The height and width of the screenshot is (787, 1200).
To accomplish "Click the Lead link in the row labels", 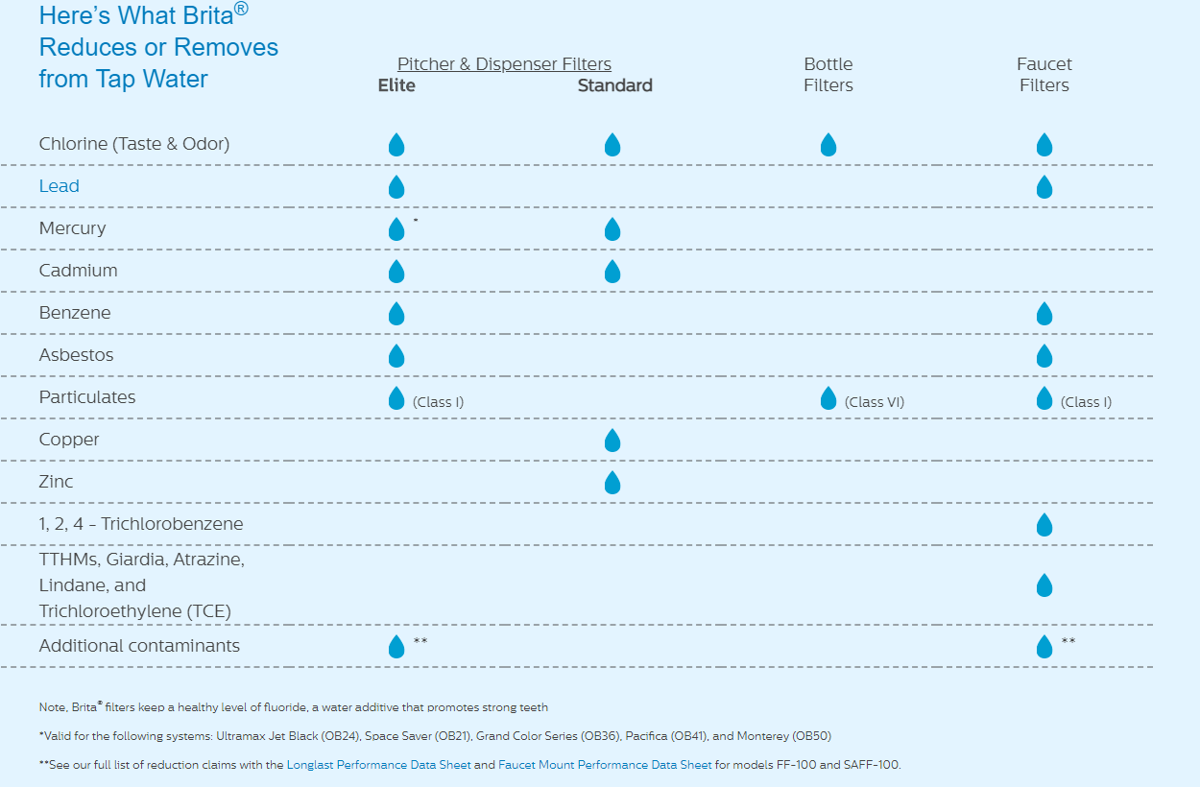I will pyautogui.click(x=59, y=186).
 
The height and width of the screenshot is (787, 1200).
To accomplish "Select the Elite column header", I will pyautogui.click(x=396, y=85).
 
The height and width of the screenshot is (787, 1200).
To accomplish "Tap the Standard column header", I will pyautogui.click(x=614, y=85).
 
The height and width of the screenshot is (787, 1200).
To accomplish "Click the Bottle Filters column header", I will pyautogui.click(x=828, y=75).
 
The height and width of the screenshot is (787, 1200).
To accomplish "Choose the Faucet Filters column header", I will pyautogui.click(x=1044, y=75).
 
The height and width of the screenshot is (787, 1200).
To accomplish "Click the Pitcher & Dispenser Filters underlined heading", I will pyautogui.click(x=504, y=64).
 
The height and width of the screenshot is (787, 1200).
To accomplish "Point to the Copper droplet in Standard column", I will pyautogui.click(x=612, y=441).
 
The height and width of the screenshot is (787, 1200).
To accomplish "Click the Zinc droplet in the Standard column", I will pyautogui.click(x=612, y=483).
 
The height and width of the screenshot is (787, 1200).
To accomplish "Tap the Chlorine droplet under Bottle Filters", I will pyautogui.click(x=828, y=145).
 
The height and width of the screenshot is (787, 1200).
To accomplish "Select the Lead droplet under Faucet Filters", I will pyautogui.click(x=1044, y=187).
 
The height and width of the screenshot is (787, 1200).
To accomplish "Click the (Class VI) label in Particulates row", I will pyautogui.click(x=874, y=402).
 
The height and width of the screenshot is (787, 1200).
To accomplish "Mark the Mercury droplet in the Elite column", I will pyautogui.click(x=396, y=229).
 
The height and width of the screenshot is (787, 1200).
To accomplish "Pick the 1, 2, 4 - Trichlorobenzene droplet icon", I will pyautogui.click(x=1044, y=525).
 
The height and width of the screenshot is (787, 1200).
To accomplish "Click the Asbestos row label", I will pyautogui.click(x=76, y=355).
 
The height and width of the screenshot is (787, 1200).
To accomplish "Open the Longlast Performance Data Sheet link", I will pyautogui.click(x=378, y=765).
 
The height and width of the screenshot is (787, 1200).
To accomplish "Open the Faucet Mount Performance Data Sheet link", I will pyautogui.click(x=605, y=765).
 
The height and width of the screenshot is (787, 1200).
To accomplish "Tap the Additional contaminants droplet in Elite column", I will pyautogui.click(x=396, y=647).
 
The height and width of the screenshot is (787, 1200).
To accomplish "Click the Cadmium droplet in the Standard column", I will pyautogui.click(x=612, y=272).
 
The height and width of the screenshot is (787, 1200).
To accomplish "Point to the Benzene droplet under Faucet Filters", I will pyautogui.click(x=1044, y=314).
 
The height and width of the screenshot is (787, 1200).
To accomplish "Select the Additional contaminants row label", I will pyautogui.click(x=139, y=646).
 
